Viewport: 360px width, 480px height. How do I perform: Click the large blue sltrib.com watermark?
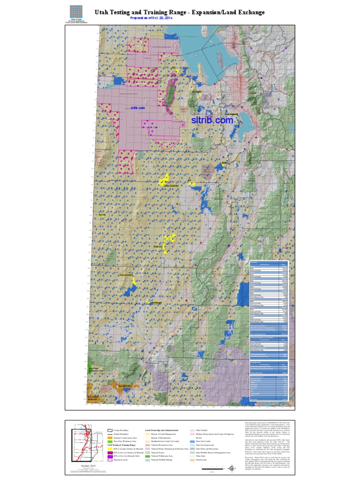212,120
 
